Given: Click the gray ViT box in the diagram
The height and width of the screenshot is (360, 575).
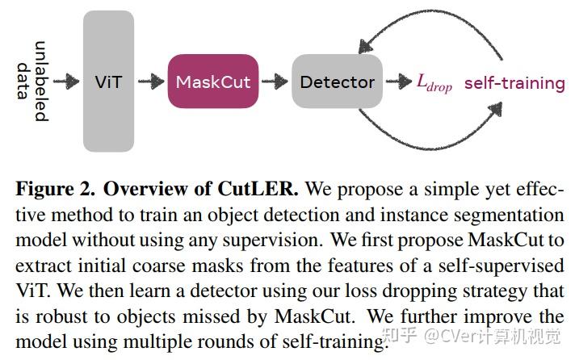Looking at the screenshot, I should (x=108, y=82).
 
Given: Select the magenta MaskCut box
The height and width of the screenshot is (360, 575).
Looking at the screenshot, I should (x=213, y=82).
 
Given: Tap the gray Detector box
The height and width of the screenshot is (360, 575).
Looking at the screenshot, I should (x=337, y=82).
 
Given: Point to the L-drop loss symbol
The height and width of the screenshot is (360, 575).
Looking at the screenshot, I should (x=434, y=83).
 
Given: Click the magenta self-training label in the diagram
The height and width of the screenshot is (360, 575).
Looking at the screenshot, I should (x=514, y=82).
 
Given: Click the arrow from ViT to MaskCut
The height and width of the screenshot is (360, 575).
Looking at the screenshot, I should (x=151, y=82).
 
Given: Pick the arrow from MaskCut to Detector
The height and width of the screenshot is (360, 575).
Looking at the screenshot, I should (x=275, y=82).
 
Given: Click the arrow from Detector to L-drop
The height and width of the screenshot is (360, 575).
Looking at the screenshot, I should (x=398, y=82).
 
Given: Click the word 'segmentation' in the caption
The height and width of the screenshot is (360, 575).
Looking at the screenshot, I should (x=518, y=216).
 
